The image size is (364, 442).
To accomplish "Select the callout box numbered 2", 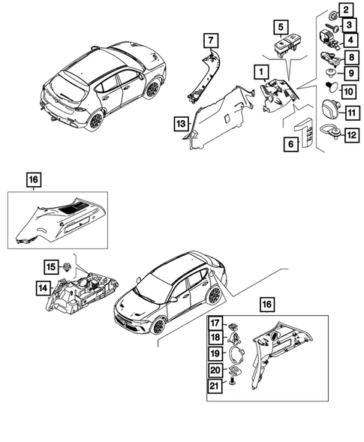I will (346, 10).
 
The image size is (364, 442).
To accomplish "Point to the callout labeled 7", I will (211, 39).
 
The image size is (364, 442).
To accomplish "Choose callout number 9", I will (349, 73).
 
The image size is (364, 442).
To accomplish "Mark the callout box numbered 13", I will (180, 122).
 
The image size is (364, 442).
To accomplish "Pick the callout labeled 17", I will (214, 324).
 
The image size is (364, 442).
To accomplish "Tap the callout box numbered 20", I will (214, 370).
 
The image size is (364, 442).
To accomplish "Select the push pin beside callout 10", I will (330, 90).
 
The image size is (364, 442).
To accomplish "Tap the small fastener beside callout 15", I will (68, 265).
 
